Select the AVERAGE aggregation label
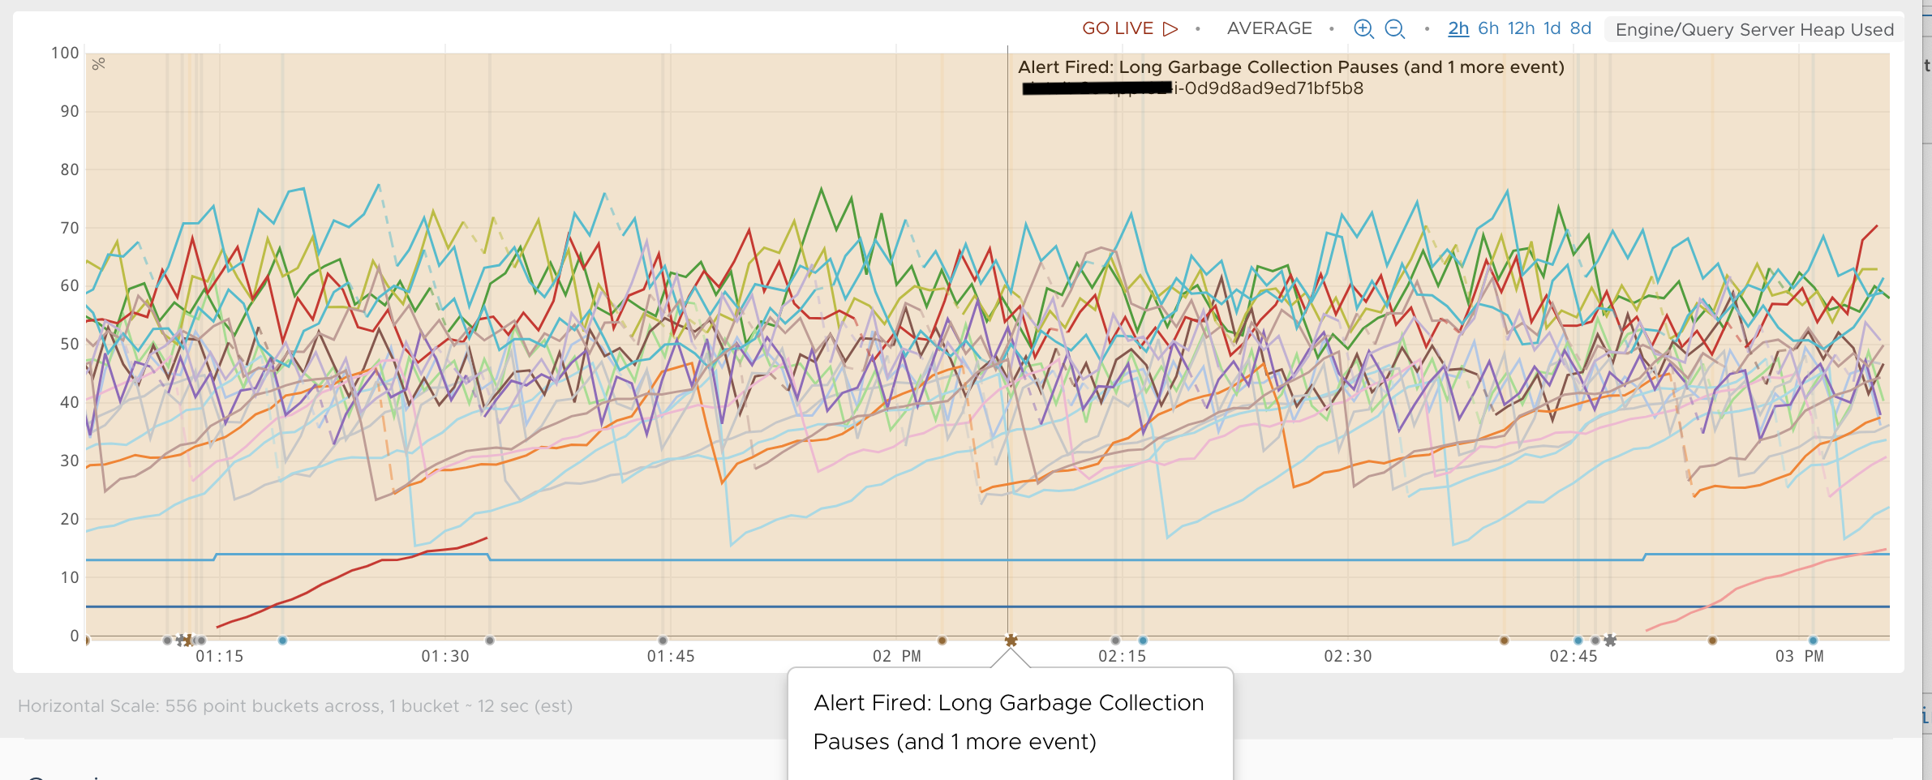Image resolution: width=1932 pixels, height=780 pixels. tap(1269, 28)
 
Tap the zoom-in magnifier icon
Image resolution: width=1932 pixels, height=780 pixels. tap(1363, 29)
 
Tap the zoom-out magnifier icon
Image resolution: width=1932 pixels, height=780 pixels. tap(1394, 29)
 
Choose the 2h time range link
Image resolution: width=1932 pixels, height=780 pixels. tap(1458, 28)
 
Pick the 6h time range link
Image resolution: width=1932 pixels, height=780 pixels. tap(1488, 28)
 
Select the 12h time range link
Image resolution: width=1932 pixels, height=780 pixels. tap(1522, 28)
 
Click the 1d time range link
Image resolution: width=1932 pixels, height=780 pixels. tap(1552, 28)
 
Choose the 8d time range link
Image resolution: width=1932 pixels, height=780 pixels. tap(1581, 28)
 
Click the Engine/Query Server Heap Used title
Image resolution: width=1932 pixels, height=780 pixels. tap(1754, 30)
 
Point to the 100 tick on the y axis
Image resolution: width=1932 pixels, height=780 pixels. tap(65, 54)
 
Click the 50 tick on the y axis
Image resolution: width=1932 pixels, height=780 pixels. tap(70, 344)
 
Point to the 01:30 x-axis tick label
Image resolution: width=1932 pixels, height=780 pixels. tap(445, 656)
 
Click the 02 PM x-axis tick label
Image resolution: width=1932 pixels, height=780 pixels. tap(897, 656)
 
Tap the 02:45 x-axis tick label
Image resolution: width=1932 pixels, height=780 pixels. tap(1574, 656)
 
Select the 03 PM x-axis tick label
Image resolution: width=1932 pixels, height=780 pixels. tap(1799, 656)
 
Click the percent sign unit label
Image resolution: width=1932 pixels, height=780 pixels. tap(99, 64)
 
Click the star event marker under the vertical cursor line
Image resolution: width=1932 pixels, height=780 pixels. tap(1011, 641)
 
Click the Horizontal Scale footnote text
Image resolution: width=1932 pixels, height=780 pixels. tap(295, 706)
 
